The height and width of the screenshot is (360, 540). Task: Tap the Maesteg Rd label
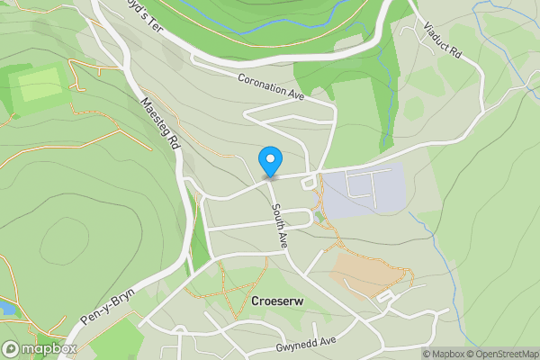(161, 125)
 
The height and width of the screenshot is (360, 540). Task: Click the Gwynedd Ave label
(305, 343)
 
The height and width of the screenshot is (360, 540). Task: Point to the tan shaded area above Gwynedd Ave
(364, 270)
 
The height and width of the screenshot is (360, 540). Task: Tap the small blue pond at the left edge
(5, 309)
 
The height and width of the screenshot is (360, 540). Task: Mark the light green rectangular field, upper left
(39, 86)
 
